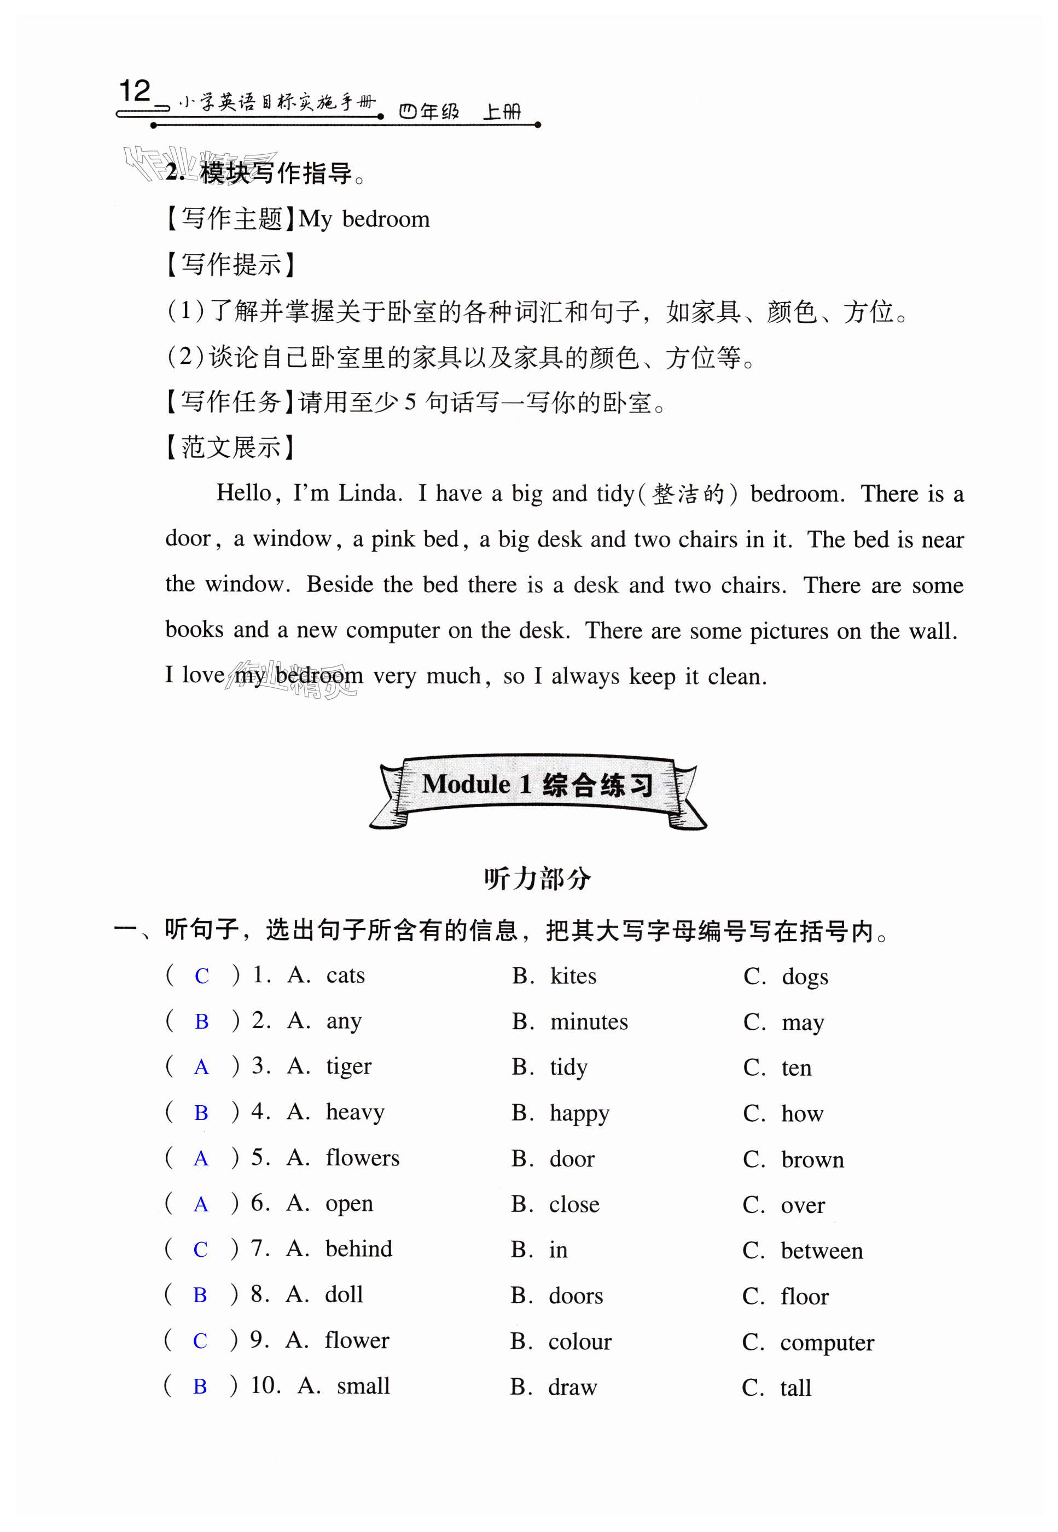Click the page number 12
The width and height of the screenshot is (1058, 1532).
point(135,91)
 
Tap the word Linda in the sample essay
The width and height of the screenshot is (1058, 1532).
point(369,493)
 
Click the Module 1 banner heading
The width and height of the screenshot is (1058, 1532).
point(537,785)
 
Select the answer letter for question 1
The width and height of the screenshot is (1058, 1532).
point(201,977)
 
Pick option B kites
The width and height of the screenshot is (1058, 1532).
point(573,977)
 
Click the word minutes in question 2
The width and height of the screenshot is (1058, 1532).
point(589,1022)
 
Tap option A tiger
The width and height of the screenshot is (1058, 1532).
point(348,1066)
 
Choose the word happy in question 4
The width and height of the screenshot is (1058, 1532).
point(579,1113)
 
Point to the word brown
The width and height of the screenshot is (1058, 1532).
point(812,1160)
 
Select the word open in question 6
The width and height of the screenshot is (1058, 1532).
point(348,1204)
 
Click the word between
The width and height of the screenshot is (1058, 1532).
point(821,1251)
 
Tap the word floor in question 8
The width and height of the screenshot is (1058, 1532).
point(804,1297)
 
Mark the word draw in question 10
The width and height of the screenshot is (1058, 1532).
point(572,1388)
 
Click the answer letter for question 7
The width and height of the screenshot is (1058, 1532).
point(200,1250)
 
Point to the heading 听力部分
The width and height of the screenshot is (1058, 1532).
point(537,879)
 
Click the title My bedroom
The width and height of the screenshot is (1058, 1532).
point(364,219)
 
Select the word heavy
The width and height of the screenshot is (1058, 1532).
point(354,1112)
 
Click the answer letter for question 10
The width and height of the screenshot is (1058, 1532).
point(200,1387)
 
